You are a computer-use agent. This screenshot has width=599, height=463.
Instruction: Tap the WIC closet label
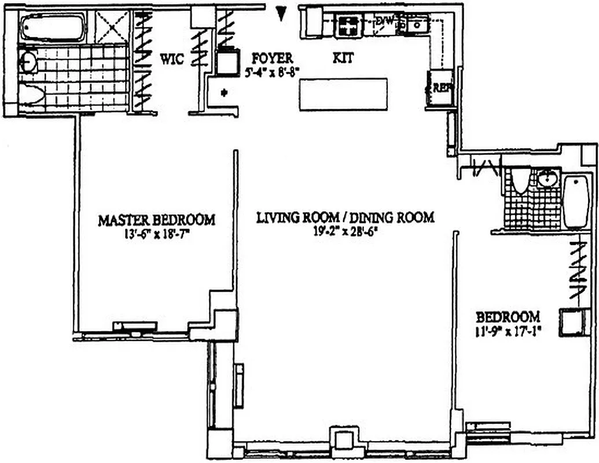172,58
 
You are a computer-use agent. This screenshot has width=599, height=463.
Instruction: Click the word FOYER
272,58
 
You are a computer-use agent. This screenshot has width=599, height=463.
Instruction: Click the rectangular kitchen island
343,96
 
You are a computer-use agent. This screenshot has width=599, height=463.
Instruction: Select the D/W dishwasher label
385,21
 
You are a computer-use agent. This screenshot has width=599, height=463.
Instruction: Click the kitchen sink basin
416,25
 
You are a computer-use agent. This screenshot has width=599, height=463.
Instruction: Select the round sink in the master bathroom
28,63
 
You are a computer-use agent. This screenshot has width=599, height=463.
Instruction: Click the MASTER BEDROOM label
156,220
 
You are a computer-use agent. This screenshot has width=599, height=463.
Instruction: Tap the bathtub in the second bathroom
576,201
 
